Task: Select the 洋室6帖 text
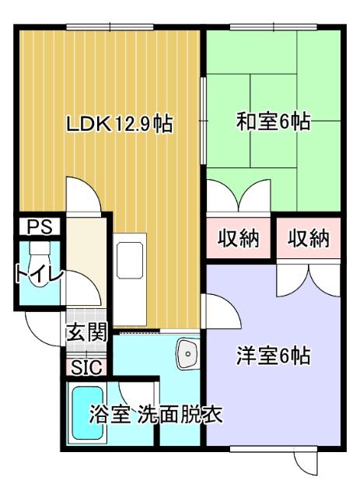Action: [x=273, y=356]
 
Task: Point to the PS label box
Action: [x=39, y=226]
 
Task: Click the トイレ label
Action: [x=37, y=275]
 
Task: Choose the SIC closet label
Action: [x=86, y=366]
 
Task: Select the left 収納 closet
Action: [x=238, y=239]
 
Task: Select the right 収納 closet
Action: [x=309, y=239]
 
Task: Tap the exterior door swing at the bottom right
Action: [x=306, y=461]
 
